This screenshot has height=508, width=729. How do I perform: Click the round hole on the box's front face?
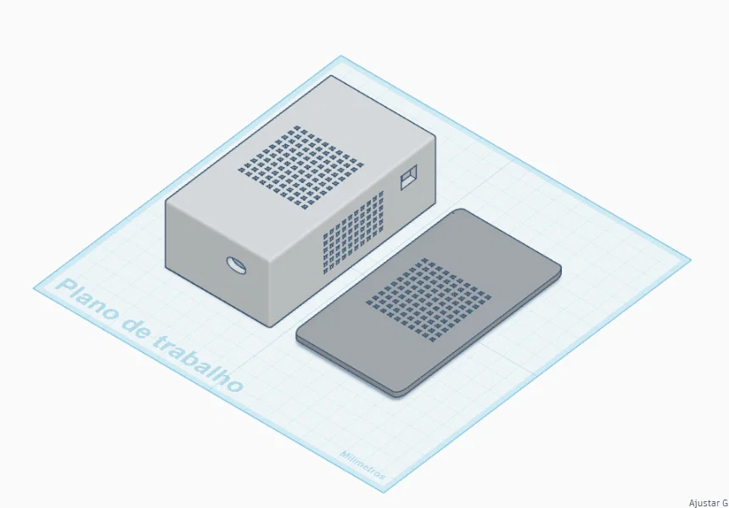pos(235,265)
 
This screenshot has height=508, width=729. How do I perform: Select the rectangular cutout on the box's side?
pos(409,176)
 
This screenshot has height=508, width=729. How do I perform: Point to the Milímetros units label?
pos(363,469)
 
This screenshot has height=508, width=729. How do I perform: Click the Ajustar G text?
pos(708,503)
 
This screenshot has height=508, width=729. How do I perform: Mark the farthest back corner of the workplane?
pos(341,57)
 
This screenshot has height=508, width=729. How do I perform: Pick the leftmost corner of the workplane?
pos(34,287)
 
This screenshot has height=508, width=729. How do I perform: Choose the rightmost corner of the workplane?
pos(690,256)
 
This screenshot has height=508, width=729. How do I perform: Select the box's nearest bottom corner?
pos(272,326)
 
